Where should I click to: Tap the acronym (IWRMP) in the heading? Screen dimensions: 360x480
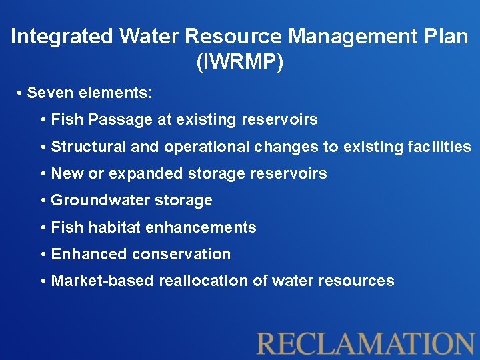[240, 62]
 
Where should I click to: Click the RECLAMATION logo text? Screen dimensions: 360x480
[366, 343]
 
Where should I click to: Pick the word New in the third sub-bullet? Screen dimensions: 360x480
[66, 174]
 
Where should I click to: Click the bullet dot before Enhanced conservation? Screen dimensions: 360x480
[43, 255]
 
